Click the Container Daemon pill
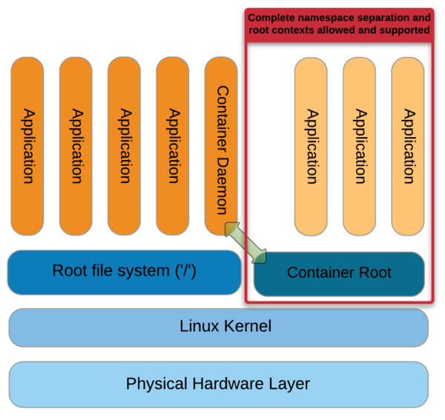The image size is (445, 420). (x=221, y=146)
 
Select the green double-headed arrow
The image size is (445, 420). (x=245, y=243)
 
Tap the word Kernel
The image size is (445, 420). (x=248, y=326)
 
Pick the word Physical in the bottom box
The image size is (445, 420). (x=156, y=384)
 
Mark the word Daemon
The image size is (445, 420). (x=222, y=186)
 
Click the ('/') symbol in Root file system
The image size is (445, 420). (x=185, y=270)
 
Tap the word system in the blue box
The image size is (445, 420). (x=144, y=271)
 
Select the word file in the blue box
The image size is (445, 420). (x=102, y=270)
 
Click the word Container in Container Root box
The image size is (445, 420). (x=321, y=273)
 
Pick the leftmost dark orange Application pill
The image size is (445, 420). (x=27, y=146)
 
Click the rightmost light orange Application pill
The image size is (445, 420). (x=408, y=146)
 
